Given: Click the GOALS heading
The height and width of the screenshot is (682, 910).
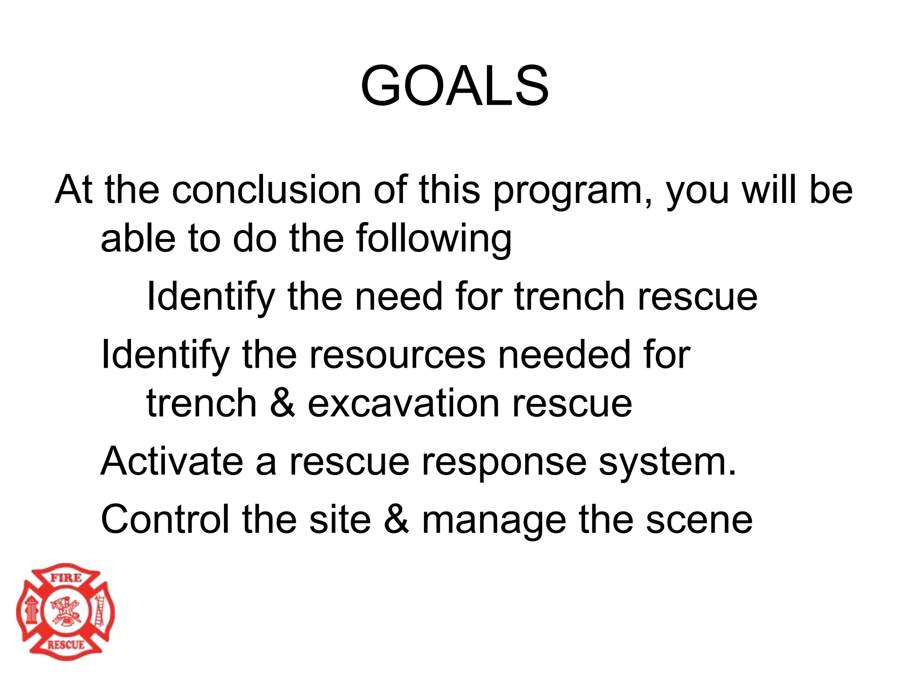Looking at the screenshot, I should [455, 86].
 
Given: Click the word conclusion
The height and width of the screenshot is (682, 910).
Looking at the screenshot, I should [266, 190].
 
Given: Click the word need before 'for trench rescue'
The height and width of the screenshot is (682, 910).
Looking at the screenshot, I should [399, 297].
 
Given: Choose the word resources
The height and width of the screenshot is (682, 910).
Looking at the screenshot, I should [397, 355].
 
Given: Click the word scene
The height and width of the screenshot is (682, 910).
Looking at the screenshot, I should [699, 520].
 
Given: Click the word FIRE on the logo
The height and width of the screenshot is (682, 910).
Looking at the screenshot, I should [65, 578].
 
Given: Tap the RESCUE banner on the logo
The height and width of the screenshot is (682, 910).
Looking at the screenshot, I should [65, 645].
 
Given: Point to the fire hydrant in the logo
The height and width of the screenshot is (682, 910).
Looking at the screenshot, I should [31, 611].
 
